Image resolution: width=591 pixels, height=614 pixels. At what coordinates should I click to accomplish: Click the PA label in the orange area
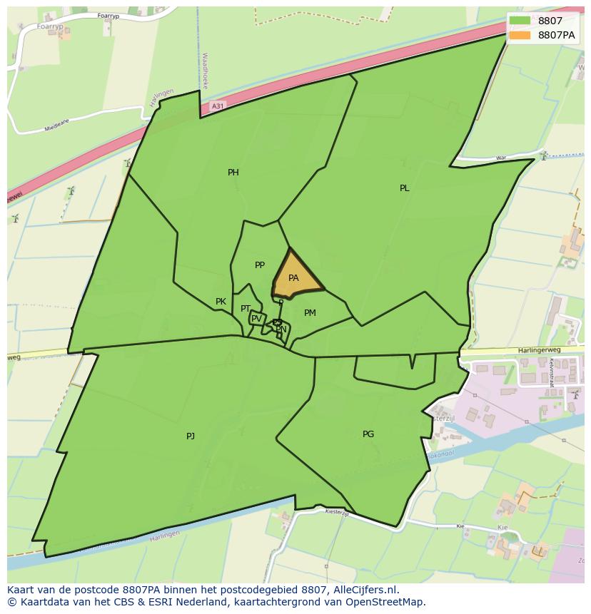click(293, 278)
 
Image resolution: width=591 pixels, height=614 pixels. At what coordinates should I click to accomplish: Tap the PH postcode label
click(233, 173)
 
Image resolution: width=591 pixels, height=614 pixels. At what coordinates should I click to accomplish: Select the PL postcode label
click(405, 188)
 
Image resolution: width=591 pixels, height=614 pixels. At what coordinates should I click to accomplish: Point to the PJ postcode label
click(191, 436)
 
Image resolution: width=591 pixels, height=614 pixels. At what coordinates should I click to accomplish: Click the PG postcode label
click(368, 434)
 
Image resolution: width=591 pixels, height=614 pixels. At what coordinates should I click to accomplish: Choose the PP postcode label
click(260, 265)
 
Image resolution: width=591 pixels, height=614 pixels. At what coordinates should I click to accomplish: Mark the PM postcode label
click(310, 313)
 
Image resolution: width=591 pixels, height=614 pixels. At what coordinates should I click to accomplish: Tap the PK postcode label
click(221, 302)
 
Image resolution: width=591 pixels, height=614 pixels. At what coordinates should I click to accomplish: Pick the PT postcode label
click(246, 309)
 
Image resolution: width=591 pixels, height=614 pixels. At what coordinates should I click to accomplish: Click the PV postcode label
click(256, 319)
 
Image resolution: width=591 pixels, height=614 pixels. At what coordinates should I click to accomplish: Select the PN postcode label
click(281, 329)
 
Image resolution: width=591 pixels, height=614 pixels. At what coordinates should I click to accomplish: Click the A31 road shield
click(218, 106)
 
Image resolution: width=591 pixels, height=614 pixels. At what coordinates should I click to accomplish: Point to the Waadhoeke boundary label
click(205, 69)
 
